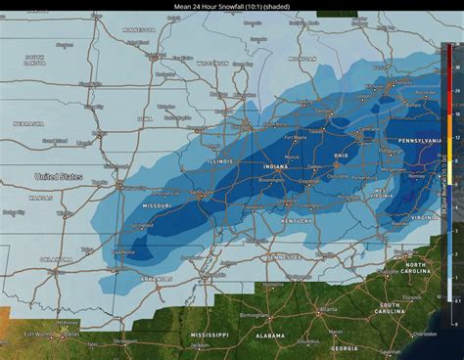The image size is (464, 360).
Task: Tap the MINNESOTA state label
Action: pos(138,30)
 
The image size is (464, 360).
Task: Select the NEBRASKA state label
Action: pos(28,123)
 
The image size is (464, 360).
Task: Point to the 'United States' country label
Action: pos(58,177)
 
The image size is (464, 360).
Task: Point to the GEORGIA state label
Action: pos(343,347)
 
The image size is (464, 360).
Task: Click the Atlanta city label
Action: pos(323,310)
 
